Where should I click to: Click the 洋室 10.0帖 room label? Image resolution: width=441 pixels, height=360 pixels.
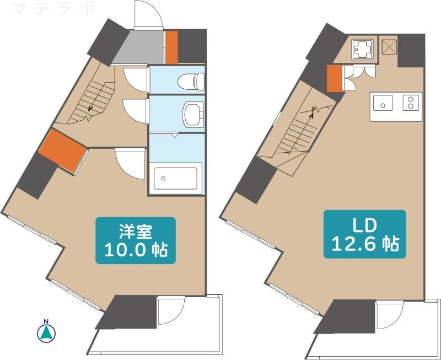pos(136,241)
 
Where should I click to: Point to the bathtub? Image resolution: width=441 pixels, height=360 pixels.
pos(176,178)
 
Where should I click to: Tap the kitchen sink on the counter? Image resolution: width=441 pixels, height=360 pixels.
pos(384,103)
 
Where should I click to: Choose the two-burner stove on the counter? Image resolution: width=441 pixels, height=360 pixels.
pos(411,103)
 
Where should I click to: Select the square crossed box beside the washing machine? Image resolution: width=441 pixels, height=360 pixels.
pos(389,48)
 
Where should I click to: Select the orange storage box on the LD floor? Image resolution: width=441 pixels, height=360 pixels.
pos(334,78)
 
